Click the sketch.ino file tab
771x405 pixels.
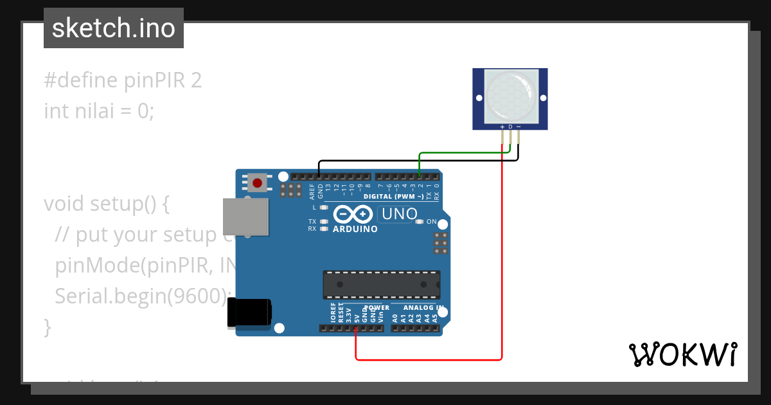[x=114, y=28]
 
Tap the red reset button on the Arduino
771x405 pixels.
[x=258, y=183]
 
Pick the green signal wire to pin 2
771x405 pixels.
[x=463, y=153]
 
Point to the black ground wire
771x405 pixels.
[x=418, y=161]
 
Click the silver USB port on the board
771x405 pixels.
[x=245, y=216]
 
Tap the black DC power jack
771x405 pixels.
[x=249, y=313]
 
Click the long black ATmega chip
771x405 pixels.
[x=381, y=285]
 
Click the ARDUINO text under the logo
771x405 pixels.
[x=355, y=229]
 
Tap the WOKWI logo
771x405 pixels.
[x=683, y=354]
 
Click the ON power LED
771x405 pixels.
[x=420, y=222]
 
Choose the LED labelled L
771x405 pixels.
[x=324, y=208]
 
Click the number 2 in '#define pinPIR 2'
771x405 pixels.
[x=196, y=80]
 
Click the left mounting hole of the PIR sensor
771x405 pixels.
[x=479, y=98]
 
